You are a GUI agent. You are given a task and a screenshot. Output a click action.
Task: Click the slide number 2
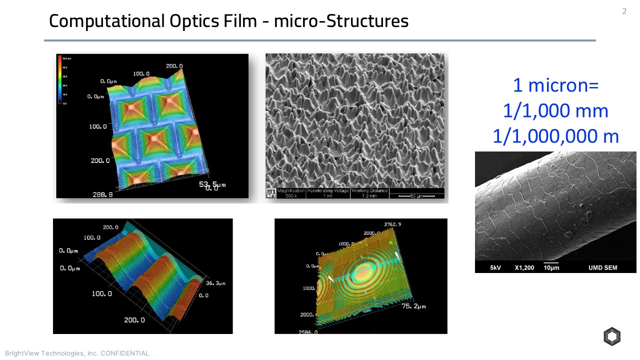coord(624,11)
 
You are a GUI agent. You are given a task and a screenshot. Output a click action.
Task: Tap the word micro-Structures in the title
coord(341,21)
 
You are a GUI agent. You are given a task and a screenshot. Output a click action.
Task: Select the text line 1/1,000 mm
coord(555,110)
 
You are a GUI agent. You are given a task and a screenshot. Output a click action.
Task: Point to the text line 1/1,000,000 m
coord(555,136)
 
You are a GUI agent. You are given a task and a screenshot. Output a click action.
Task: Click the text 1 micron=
coord(555,85)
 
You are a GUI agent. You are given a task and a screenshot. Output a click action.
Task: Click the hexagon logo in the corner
coord(611,336)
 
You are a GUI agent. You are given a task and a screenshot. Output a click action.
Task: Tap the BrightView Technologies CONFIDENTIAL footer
coord(77,353)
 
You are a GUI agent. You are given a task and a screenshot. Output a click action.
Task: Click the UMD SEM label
coord(602,267)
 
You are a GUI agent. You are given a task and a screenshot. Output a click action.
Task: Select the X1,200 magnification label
coord(524,267)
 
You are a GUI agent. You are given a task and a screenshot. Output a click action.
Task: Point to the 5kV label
coord(495,267)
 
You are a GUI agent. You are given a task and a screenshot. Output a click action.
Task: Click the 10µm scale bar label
coord(551,267)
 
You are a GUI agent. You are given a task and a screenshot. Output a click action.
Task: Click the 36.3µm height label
coord(215,283)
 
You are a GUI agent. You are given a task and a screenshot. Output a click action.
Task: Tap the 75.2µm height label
coord(413,306)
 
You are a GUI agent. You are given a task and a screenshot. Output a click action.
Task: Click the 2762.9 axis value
coord(392,224)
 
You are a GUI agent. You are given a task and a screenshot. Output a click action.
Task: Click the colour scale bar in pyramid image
coord(60,80)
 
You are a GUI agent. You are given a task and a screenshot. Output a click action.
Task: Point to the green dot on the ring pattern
coord(390,243)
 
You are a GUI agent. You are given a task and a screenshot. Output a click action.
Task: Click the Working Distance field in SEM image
coord(369,193)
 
